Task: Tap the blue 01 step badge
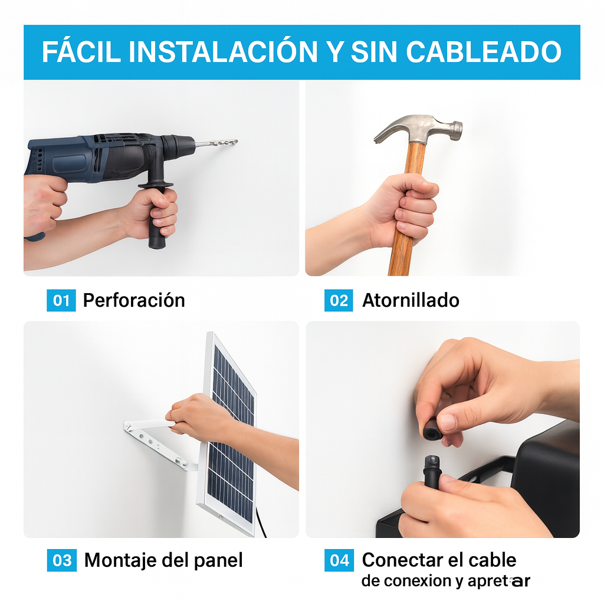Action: [x=61, y=300]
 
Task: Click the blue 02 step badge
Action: [x=339, y=300]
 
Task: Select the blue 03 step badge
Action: [x=61, y=560]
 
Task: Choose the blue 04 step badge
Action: [x=339, y=560]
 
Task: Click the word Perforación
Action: [x=134, y=300]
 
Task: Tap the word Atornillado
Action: [x=411, y=300]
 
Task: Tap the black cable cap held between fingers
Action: [x=432, y=429]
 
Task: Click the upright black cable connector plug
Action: [x=432, y=472]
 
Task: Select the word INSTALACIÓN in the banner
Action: [x=224, y=52]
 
